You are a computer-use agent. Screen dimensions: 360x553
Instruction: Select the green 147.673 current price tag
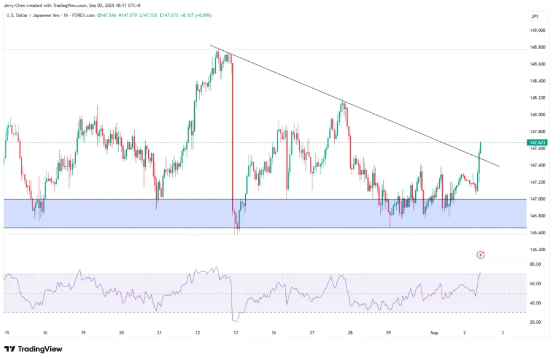pyautogui.click(x=536, y=142)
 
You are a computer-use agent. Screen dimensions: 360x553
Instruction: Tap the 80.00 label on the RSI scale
pyautogui.click(x=535, y=264)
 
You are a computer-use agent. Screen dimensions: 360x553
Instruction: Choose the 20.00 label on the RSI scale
pyautogui.click(x=535, y=322)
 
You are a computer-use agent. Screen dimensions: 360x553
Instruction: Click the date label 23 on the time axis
pyautogui.click(x=236, y=333)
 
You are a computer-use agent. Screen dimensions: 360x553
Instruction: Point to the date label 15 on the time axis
pyautogui.click(x=7, y=333)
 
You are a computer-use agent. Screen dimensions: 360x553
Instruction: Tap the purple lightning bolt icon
pyautogui.click(x=481, y=254)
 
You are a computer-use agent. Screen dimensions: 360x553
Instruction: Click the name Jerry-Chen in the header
pyautogui.click(x=15, y=5)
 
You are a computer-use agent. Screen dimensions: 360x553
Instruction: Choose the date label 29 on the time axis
pyautogui.click(x=388, y=333)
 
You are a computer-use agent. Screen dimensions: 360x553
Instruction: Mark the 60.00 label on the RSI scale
pyautogui.click(x=535, y=283)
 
